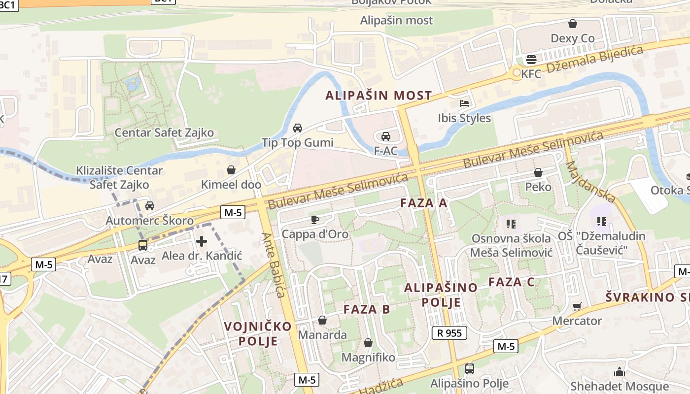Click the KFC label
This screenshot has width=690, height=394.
[531, 74]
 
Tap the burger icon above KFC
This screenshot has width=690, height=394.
[531, 60]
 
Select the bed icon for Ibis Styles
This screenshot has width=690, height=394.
[464, 103]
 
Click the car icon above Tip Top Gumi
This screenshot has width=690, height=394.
[298, 128]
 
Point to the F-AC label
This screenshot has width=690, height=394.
[385, 151]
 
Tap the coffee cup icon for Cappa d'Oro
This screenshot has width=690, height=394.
[314, 220]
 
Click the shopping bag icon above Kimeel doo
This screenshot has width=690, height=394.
[231, 170]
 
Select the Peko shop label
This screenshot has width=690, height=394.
[538, 187]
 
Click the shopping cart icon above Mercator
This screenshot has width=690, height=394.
[577, 306]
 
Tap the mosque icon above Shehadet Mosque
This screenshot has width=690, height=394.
[620, 372]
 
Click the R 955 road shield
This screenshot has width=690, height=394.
[449, 333]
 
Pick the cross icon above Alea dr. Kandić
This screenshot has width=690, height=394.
[202, 241]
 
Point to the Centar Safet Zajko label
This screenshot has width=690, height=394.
[164, 132]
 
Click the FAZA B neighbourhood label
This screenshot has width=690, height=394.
[367, 309]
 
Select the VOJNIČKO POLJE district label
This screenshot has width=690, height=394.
[258, 333]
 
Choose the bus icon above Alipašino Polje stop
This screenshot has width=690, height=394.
[470, 369]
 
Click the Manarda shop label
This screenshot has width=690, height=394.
[323, 335]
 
